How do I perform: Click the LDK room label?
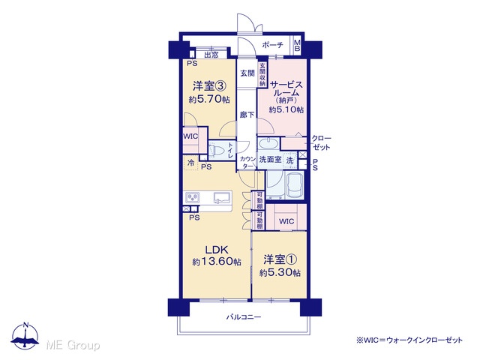click(x=217, y=250)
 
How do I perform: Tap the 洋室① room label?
click(x=280, y=260)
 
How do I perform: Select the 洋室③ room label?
click(x=209, y=86)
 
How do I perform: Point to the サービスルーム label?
click(x=286, y=88)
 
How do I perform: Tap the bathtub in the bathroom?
click(x=295, y=184)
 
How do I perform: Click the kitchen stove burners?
click(x=193, y=198)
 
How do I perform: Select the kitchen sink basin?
click(x=222, y=198)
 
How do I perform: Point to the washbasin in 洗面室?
click(x=268, y=143)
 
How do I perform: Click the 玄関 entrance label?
click(x=247, y=73)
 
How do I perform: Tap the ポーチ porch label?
click(x=273, y=45)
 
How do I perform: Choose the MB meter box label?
click(x=297, y=45)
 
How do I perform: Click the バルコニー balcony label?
click(x=244, y=316)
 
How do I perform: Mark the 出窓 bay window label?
click(x=211, y=55)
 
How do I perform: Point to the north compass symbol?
click(x=25, y=336)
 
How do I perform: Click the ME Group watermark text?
click(x=73, y=345)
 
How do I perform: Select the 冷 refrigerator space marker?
click(x=190, y=163)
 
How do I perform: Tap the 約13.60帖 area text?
click(x=217, y=262)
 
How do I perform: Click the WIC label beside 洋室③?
click(x=190, y=136)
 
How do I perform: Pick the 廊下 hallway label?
click(x=247, y=115)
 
